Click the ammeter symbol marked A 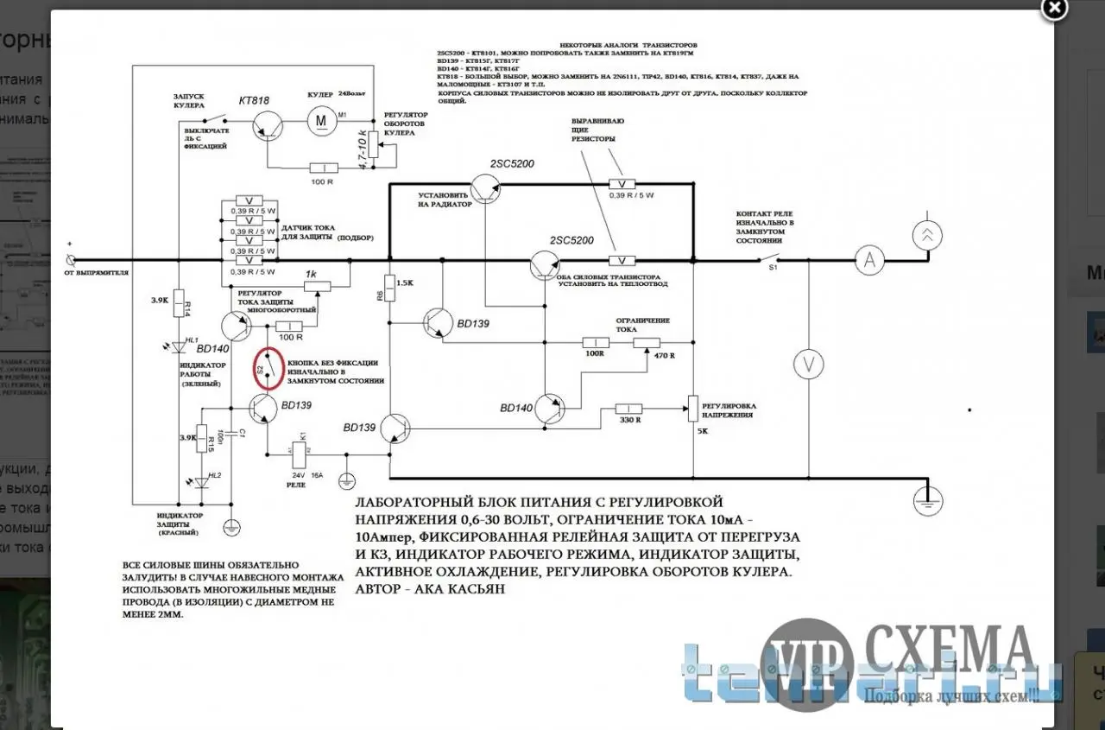(x=870, y=259)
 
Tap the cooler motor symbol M (x=321, y=120)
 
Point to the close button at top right (x=1054, y=9)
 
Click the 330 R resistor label (x=629, y=421)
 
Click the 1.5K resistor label (x=404, y=283)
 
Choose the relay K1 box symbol (x=300, y=451)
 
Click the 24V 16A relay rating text (x=308, y=475)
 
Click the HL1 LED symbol (x=179, y=347)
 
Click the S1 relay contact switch (x=771, y=258)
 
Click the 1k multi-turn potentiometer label (x=312, y=274)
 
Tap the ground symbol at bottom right (x=928, y=500)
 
